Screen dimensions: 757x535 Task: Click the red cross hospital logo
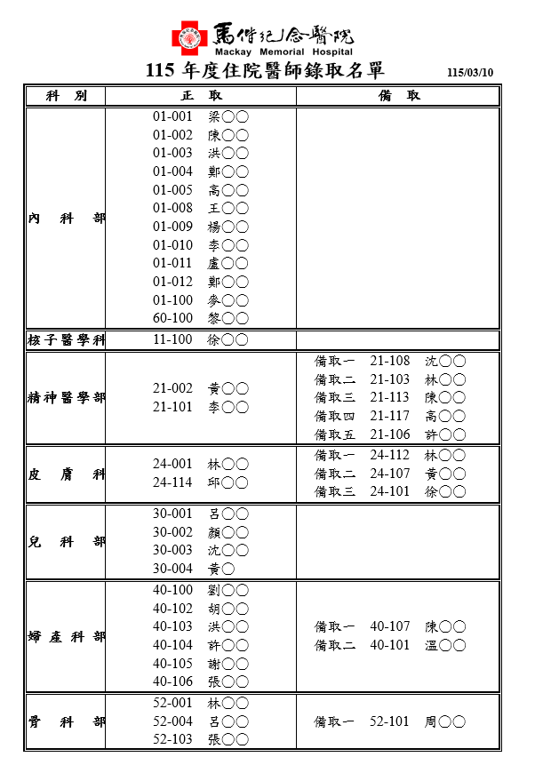[x=189, y=37]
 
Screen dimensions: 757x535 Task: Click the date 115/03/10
[x=470, y=73]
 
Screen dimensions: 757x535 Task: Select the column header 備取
[x=399, y=96]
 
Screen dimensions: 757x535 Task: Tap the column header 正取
[x=200, y=96]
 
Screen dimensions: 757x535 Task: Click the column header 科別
[x=66, y=96]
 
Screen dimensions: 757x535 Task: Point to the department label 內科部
[x=66, y=218]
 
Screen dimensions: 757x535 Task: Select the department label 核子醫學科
[x=66, y=340]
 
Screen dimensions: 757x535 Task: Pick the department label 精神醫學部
[x=66, y=398]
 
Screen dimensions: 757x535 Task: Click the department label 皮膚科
[x=66, y=474]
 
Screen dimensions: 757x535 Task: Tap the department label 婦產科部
[x=66, y=637]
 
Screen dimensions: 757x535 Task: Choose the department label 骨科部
[x=66, y=721]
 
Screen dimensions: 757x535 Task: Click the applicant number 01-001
[x=172, y=116]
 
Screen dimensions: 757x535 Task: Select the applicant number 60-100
[x=172, y=318]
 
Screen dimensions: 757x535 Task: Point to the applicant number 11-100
[x=172, y=339]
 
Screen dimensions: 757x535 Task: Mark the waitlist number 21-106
[x=390, y=434]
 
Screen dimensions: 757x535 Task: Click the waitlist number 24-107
[x=390, y=474]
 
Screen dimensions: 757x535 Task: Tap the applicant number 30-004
[x=172, y=569]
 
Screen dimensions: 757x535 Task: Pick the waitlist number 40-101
[x=390, y=645]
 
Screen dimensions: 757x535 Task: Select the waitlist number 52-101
[x=390, y=721]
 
